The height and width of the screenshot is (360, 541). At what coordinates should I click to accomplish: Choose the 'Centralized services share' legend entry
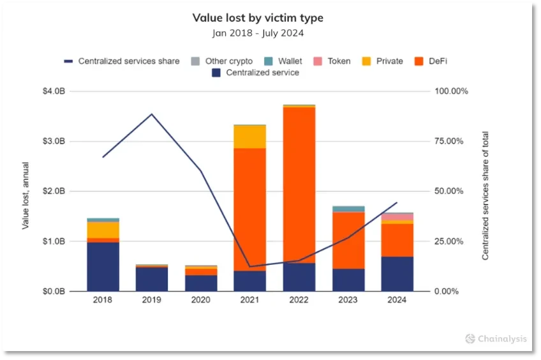[x=122, y=61]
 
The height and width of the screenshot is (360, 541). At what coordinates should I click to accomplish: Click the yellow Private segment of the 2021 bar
[x=250, y=137]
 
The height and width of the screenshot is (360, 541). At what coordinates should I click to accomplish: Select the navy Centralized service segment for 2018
[x=103, y=267]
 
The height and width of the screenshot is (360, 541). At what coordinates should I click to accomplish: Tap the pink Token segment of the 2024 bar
[x=397, y=217]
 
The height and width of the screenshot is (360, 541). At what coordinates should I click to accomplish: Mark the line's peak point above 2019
[x=152, y=114]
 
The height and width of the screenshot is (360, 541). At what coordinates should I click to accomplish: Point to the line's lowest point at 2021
[x=250, y=266]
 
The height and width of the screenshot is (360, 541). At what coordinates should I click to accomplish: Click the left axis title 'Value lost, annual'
[x=26, y=191]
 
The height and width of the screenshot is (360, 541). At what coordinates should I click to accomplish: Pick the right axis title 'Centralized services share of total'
[x=485, y=191]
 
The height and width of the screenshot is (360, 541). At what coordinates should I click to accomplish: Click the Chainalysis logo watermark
[x=496, y=338]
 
